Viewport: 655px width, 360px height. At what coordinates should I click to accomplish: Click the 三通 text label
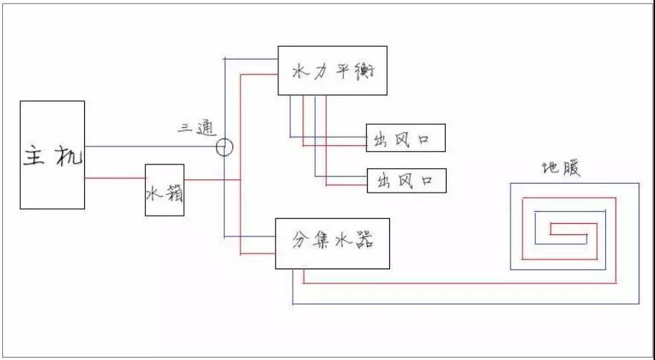[197, 129]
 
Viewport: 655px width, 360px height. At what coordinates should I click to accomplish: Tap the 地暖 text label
[561, 168]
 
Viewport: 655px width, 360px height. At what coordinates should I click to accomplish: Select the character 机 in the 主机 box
[68, 156]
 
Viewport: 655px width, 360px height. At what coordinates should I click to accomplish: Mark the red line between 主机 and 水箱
[115, 179]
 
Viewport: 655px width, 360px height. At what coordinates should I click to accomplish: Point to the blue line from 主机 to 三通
[150, 147]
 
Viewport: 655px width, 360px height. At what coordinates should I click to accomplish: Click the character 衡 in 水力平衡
[365, 71]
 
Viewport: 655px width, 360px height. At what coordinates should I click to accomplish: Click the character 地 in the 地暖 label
[551, 168]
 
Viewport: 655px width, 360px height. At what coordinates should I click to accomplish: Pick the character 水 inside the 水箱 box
[154, 193]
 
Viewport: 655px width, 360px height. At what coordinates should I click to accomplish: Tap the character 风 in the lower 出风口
[404, 181]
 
